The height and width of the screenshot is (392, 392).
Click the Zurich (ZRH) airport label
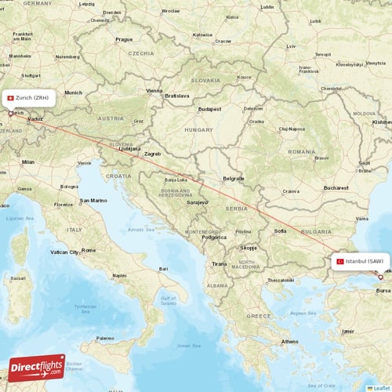pos(32,98)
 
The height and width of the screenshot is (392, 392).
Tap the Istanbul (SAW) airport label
pos(365,261)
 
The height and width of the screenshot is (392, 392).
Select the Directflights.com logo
pos(36,368)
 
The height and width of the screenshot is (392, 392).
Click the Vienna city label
pos(154,91)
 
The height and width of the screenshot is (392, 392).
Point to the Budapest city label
pos(210,109)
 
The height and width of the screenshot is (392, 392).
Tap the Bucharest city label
pos(339,187)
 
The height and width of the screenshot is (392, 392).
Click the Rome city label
pos(89,250)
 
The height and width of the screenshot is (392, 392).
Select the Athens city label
pos(290,341)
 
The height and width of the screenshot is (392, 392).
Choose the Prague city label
pos(124,39)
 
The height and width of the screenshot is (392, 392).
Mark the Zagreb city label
pos(151,154)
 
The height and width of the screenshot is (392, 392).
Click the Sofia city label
pos(280,231)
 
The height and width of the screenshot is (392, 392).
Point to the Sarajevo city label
pos(197,202)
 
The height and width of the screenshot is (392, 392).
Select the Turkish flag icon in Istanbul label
pos(339,261)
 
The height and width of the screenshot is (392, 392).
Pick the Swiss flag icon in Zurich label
pos(9,98)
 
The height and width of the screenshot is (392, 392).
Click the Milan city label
pos(28,162)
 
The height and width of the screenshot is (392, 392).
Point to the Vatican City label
pos(64,252)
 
